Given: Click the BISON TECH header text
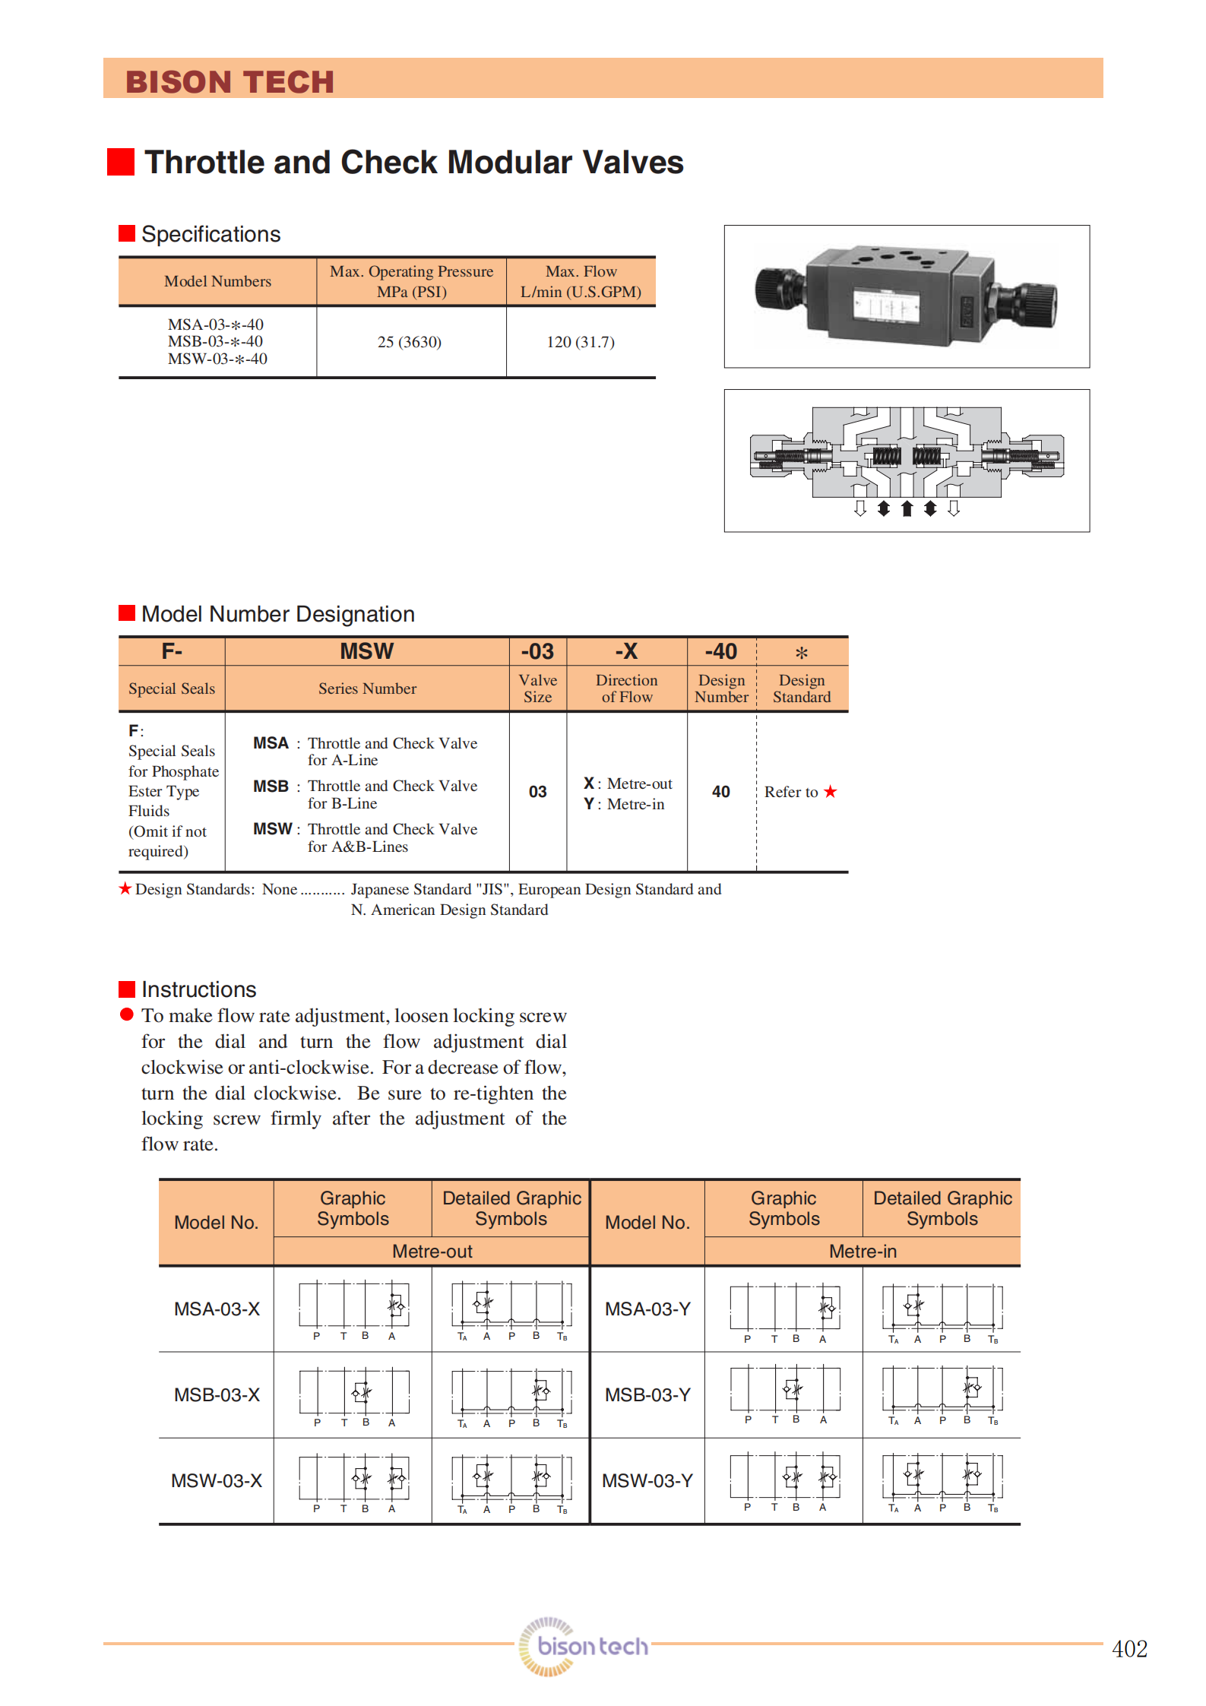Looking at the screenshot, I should pos(229,82).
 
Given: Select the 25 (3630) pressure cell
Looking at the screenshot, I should pos(409,342).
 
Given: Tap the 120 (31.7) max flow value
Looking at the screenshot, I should pos(581,342).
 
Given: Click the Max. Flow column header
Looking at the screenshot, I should pos(581,281).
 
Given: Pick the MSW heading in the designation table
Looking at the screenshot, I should pos(366,651).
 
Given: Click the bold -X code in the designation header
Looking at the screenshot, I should pos(626,651).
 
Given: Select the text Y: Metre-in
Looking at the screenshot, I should pos(624,804).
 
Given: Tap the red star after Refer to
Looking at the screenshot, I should pos(831,792).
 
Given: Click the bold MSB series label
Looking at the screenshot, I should pos(271,786).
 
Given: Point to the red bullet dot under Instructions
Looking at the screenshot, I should pos(127,1014).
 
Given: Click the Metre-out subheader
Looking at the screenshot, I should pos(432,1251).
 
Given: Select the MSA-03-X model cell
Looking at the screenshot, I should pos(217,1309).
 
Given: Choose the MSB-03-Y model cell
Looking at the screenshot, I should pos(647,1394).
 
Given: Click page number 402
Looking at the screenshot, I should pos(1129,1648).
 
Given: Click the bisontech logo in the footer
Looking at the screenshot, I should pos(584,1646).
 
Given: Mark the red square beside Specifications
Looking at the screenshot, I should pos(127,233).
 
